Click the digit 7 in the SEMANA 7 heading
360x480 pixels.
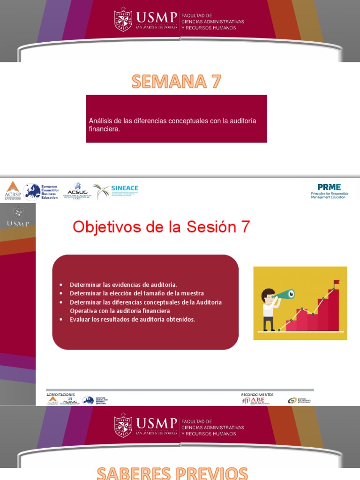pyautogui.click(x=215, y=82)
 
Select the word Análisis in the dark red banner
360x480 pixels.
pyautogui.click(x=100, y=121)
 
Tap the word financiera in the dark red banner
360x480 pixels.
pyautogui.click(x=105, y=129)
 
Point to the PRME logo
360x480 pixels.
pyautogui.click(x=330, y=190)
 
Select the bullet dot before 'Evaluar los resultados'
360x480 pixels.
pyautogui.click(x=61, y=320)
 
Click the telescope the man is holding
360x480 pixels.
pyautogui.click(x=285, y=294)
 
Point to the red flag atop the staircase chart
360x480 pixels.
pyautogui.click(x=336, y=282)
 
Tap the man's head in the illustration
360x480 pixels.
pyautogui.click(x=268, y=295)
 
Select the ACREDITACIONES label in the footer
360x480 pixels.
pyautogui.click(x=60, y=395)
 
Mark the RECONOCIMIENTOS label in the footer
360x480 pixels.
pyautogui.click(x=257, y=395)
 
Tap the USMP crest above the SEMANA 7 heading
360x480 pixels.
pyautogui.click(x=123, y=20)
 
